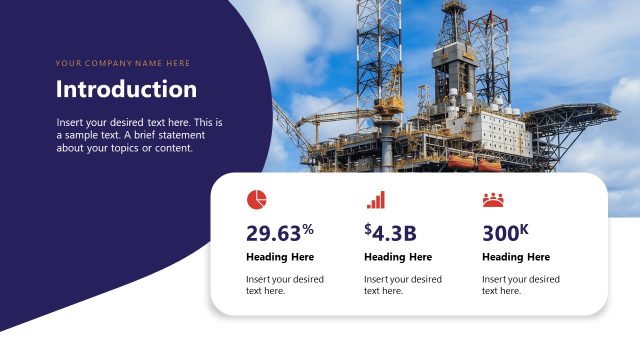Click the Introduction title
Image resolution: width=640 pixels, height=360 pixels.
[126, 89]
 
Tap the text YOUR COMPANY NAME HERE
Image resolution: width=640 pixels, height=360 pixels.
[122, 63]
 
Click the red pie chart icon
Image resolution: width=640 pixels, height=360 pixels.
[257, 199]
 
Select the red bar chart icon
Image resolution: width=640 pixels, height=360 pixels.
[375, 200]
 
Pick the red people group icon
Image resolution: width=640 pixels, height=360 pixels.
[493, 200]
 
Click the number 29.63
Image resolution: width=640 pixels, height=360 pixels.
[273, 234]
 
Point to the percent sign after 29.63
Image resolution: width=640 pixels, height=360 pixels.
[308, 229]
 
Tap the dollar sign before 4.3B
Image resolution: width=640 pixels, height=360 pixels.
[368, 230]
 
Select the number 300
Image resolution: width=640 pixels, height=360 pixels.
[500, 234]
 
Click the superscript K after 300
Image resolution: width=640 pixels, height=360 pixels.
[524, 229]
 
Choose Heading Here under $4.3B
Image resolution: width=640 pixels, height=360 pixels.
[398, 257]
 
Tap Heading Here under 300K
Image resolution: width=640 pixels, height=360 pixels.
[516, 257]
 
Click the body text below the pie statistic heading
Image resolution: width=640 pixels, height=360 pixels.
[284, 285]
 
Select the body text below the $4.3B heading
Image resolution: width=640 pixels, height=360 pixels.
[402, 285]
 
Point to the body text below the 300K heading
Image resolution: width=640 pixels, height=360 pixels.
[520, 285]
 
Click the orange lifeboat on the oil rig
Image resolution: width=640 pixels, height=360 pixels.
[461, 161]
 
